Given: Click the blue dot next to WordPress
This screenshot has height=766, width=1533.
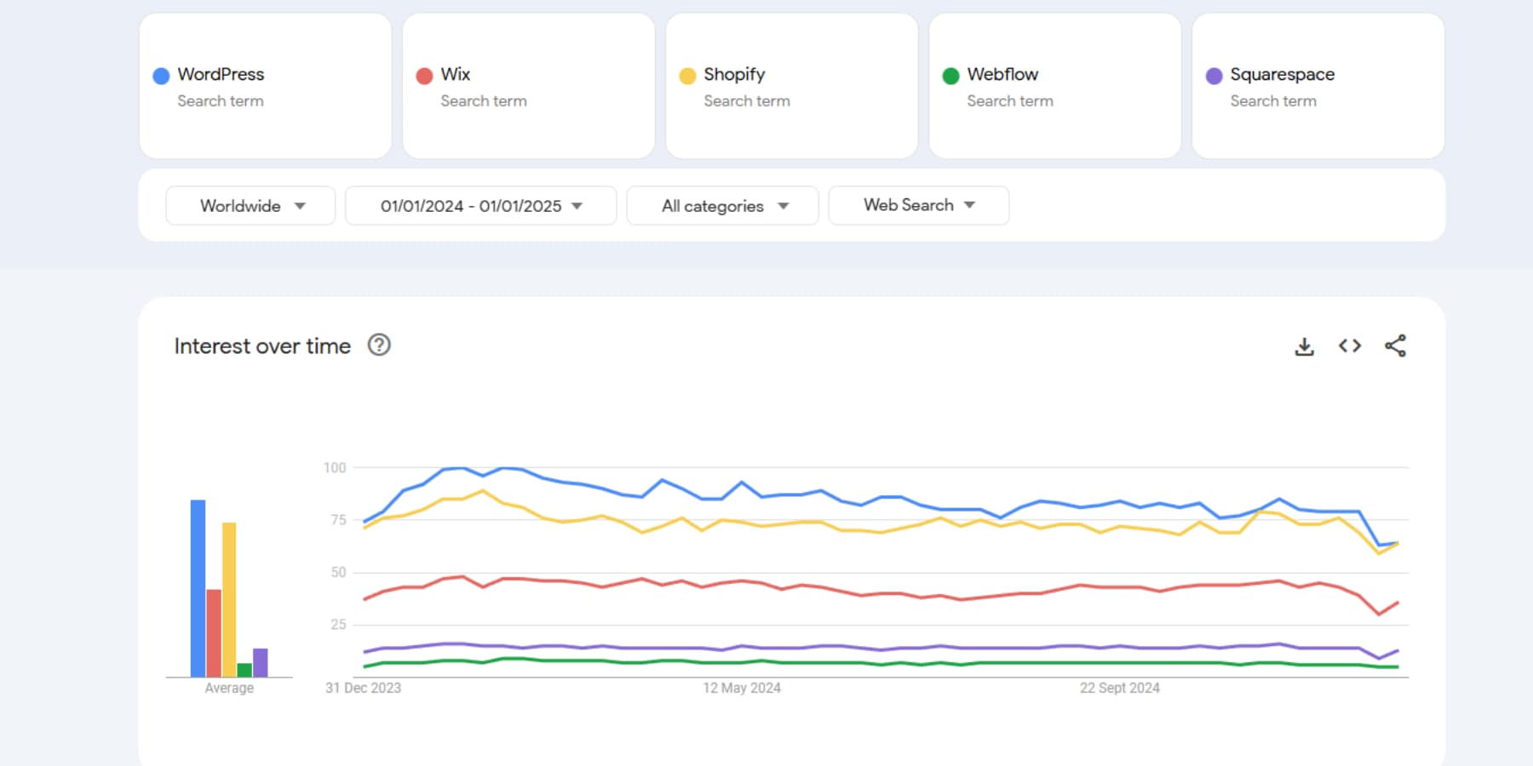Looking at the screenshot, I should (161, 76).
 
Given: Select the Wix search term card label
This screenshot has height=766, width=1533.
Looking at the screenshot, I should (456, 74).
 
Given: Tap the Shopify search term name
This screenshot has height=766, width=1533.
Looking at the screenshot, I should (734, 74).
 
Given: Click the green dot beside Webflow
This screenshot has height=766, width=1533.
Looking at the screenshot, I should (950, 76).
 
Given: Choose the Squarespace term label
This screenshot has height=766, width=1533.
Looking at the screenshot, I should (1282, 74).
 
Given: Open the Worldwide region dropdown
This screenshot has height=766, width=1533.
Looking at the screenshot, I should (250, 205).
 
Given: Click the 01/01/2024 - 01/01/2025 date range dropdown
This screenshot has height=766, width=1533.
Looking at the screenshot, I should (480, 205).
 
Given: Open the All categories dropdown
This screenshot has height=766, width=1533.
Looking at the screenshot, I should (722, 205).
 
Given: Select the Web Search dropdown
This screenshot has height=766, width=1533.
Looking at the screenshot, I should (918, 205).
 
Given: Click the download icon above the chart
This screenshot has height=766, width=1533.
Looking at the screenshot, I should (1304, 346).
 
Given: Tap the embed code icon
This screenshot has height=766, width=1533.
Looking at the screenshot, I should (1349, 346).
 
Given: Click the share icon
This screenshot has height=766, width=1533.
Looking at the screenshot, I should (1395, 346).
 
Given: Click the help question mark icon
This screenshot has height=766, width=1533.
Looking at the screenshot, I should (379, 345).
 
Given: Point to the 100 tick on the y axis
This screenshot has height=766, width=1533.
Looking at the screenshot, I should (335, 467).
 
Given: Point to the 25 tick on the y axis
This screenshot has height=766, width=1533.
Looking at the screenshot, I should (338, 624).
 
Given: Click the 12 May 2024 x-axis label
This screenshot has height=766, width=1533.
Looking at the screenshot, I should (741, 688).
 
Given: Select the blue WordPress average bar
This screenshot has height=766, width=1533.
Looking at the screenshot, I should (198, 587).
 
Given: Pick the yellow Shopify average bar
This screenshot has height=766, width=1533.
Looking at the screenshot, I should (229, 599).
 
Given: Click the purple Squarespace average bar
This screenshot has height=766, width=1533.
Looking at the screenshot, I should (261, 662).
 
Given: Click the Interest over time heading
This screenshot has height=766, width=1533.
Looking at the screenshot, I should (262, 346).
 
